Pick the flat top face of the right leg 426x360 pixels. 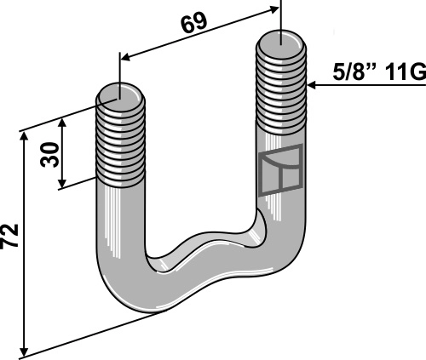[x=280, y=39]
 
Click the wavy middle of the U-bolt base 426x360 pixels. [x=204, y=251]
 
